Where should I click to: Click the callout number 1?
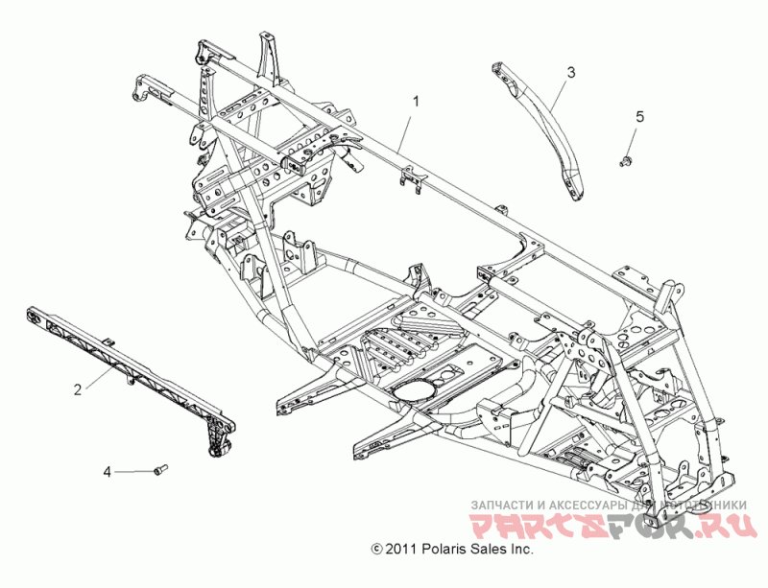click(416, 100)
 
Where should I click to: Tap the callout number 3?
click(570, 72)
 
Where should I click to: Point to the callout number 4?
click(108, 471)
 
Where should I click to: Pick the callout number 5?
click(639, 116)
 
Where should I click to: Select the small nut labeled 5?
click(627, 159)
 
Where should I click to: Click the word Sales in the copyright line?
click(492, 550)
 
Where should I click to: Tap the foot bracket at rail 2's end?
click(218, 440)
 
